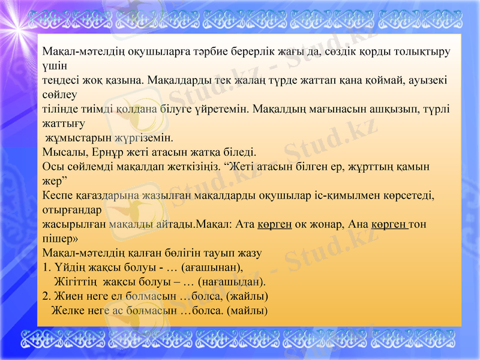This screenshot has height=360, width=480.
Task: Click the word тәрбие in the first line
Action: (188, 52)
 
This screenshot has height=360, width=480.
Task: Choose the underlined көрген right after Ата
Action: (274, 224)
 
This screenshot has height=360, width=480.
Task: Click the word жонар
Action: (325, 224)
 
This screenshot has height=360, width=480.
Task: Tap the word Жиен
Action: (68, 296)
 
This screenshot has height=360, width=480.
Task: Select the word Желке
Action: (65, 311)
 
